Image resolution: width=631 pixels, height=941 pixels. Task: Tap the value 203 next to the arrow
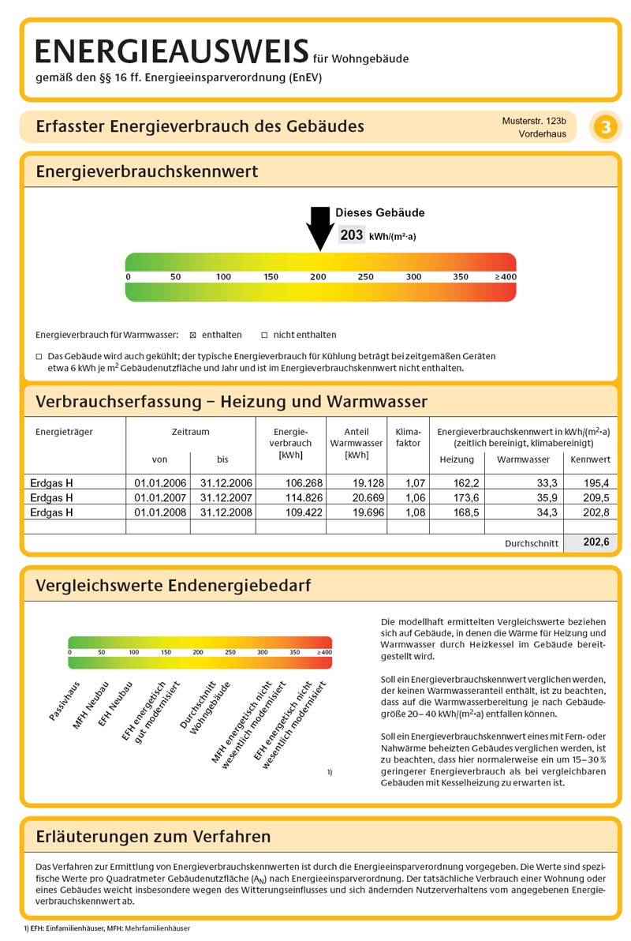(x=352, y=235)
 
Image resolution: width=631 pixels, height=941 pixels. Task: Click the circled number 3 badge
(x=605, y=127)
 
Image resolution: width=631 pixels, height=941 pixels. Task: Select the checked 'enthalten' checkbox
(x=193, y=335)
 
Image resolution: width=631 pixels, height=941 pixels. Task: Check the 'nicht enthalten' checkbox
(x=265, y=335)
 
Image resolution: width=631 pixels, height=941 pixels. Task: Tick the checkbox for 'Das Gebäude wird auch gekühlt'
(x=39, y=356)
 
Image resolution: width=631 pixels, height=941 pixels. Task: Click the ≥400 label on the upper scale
(x=505, y=277)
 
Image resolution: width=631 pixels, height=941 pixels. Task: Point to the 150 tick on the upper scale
(x=271, y=277)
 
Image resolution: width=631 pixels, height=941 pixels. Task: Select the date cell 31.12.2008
(x=226, y=512)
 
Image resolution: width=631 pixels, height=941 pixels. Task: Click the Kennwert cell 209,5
(x=596, y=498)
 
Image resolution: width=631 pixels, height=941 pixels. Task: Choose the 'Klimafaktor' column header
(x=409, y=437)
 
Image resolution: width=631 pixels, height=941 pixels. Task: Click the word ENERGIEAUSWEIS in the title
(x=172, y=52)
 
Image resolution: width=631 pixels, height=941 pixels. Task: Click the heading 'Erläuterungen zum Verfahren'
(x=153, y=836)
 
